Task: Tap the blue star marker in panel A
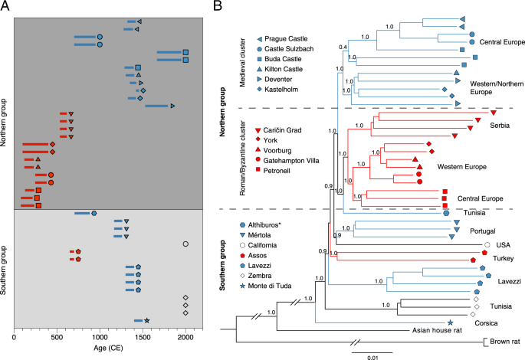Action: pyautogui.click(x=146, y=320)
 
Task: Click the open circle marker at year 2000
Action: pyautogui.click(x=185, y=244)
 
